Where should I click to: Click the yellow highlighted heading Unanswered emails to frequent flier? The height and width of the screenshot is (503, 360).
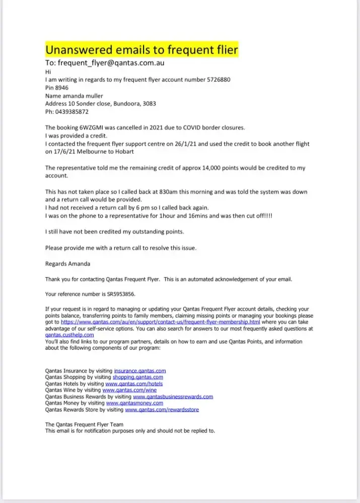point(141,50)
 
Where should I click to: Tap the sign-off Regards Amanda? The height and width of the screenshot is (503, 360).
point(68,263)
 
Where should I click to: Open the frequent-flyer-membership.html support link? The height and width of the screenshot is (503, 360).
point(161,322)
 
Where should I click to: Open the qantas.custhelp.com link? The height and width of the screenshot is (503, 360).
point(69,334)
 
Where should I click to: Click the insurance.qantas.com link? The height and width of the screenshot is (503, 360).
point(140,371)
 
